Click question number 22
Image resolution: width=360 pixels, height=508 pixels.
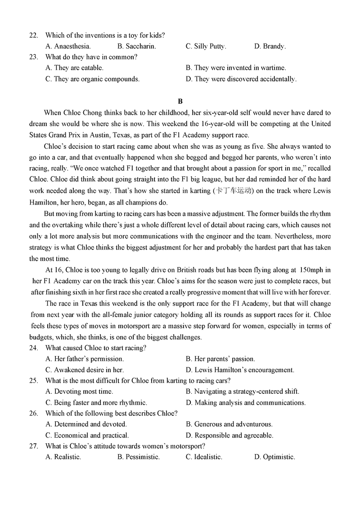pos(33,35)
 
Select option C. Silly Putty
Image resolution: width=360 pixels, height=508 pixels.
pos(206,46)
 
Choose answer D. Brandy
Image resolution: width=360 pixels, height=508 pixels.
pos(270,46)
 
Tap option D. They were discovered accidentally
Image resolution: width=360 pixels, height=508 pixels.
pos(241,79)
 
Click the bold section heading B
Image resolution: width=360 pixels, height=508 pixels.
pos(180,101)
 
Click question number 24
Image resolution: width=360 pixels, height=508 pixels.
pos(33,348)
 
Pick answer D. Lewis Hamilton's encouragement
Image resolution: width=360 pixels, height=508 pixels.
pos(240,370)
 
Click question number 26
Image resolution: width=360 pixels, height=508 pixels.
pos(33,413)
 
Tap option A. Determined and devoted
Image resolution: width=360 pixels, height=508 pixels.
pos(86,424)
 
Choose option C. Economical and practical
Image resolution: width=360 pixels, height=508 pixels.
pos(87,435)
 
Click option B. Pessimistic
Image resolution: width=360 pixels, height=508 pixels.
pos(138,457)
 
